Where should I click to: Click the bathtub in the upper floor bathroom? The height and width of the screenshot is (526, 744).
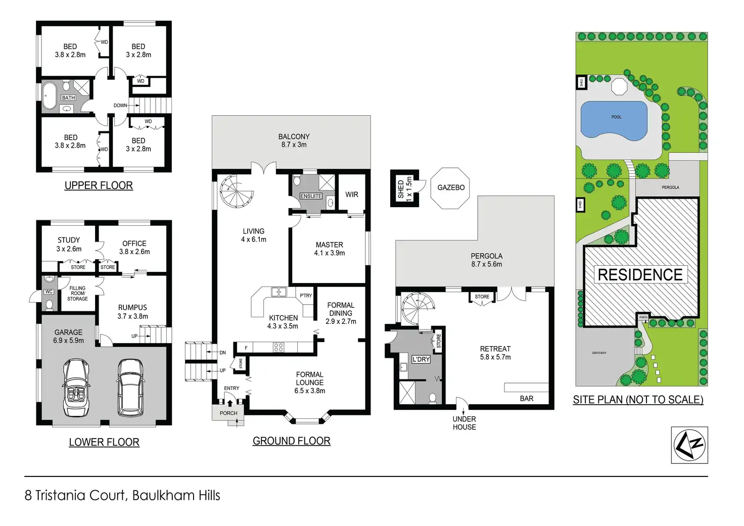point(50,95)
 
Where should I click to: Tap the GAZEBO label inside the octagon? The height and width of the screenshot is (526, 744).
point(451,187)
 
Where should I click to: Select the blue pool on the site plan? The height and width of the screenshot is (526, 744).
point(614,121)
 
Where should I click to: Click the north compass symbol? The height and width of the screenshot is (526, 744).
point(689,445)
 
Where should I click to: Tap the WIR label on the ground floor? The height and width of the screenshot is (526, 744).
point(352,195)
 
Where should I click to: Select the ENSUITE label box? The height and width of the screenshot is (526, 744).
point(311,196)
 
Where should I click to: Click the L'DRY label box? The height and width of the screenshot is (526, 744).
point(421,359)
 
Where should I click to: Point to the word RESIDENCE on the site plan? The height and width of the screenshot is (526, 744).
point(640,275)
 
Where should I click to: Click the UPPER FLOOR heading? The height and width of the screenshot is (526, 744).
point(99,185)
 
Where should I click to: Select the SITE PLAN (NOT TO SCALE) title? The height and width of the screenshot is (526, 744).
point(638,400)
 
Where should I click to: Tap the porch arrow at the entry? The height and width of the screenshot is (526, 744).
point(230,403)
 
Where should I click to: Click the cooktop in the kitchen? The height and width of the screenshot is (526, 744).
point(278,347)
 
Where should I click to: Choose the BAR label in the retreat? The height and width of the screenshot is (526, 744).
point(527,399)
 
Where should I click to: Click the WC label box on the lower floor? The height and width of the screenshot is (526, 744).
point(49,292)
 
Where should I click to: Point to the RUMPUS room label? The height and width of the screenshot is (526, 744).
point(132,307)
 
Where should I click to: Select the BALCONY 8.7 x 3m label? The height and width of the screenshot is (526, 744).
point(294,140)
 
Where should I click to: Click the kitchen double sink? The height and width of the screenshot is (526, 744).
point(279,292)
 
